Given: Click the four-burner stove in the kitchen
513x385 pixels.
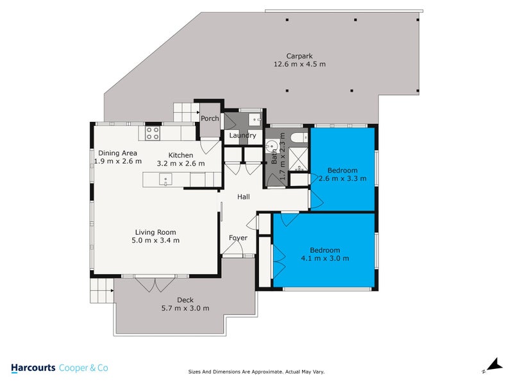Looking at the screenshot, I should (153, 133).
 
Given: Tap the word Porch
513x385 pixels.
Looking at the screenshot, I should (210, 119).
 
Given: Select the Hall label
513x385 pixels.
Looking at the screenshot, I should (243, 198).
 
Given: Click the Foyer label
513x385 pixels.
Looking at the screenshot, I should (239, 238).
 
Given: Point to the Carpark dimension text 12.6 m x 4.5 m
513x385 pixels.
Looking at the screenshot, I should (299, 64).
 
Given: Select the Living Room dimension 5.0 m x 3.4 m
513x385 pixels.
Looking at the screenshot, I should (156, 241).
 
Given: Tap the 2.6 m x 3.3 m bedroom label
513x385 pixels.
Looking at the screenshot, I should (342, 178).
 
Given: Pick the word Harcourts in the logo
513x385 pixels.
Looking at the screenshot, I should (33, 368).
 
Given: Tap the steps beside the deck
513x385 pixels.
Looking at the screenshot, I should (101, 292).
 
